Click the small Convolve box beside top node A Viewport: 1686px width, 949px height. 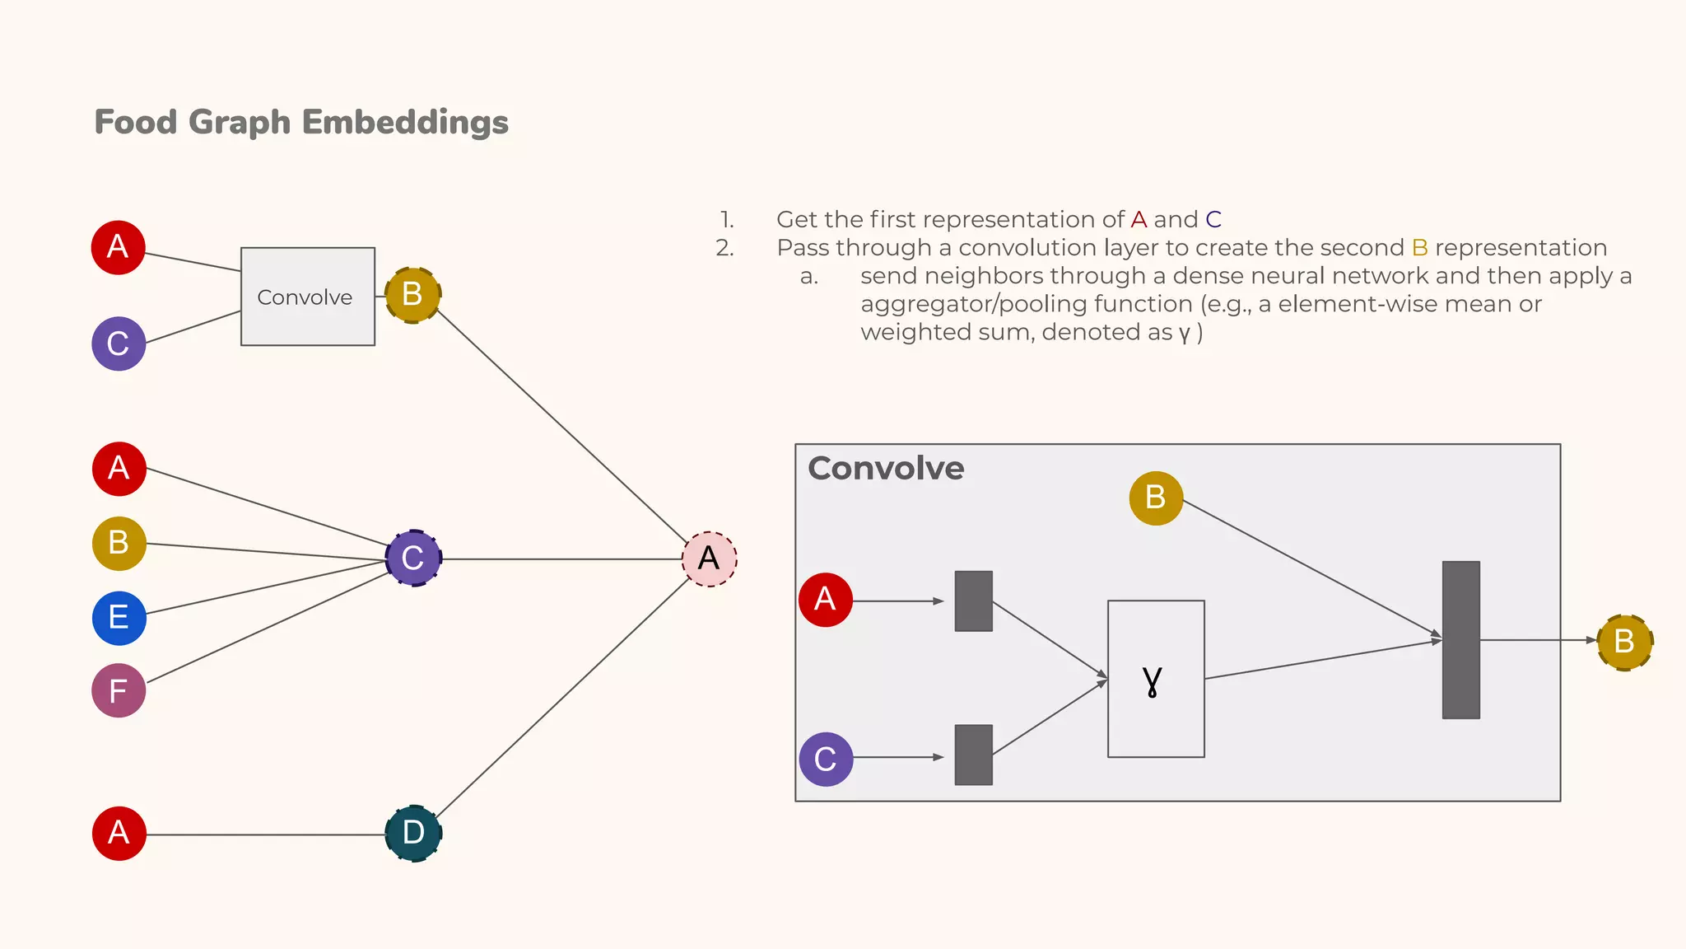pos(307,297)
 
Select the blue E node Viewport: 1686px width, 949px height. pos(119,618)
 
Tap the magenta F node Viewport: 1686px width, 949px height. pos(119,690)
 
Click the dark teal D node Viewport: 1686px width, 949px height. pos(413,833)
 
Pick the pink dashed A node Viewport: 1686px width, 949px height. pos(709,559)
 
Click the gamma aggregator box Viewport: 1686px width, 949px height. pos(1156,679)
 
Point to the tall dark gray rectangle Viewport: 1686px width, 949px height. pos(1460,640)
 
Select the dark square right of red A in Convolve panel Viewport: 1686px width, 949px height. pos(973,601)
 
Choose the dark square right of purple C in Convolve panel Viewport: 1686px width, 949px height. pos(973,755)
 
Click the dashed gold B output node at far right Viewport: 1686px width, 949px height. pos(1624,642)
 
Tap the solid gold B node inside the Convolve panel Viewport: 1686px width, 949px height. pos(1156,498)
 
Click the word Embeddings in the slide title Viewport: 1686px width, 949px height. pos(405,122)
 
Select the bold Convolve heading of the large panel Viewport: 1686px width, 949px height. pos(886,468)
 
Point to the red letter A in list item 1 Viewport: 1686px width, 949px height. pos(1139,220)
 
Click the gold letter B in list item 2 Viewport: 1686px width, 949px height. pos(1419,248)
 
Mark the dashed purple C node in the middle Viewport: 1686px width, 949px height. pos(413,559)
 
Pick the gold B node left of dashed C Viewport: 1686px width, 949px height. pos(119,544)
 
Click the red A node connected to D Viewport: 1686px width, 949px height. pos(119,833)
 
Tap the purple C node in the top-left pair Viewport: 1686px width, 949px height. pos(119,344)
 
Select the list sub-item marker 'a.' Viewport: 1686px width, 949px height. pos(808,277)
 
